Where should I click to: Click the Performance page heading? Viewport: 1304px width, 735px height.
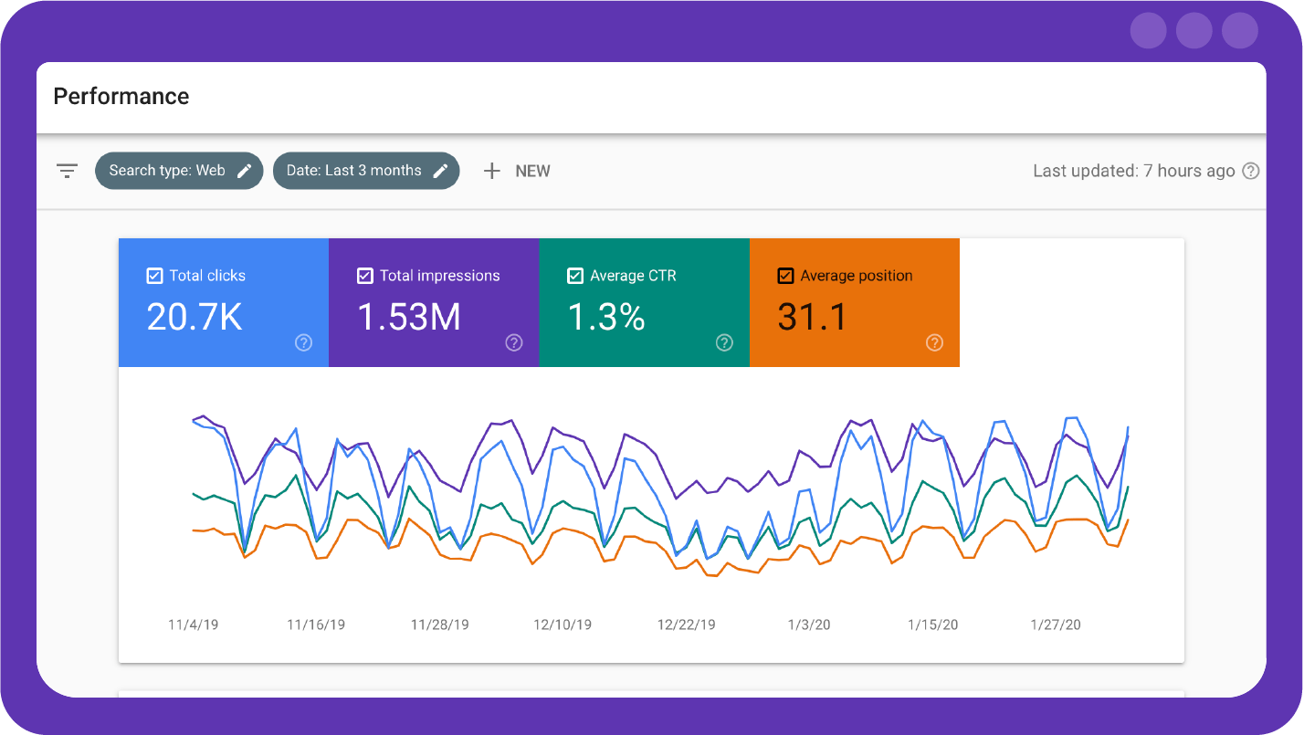[121, 97]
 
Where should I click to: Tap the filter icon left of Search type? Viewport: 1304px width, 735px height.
[67, 171]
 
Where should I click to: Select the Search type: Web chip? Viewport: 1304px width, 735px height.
[179, 171]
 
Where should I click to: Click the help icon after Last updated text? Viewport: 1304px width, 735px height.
[1251, 171]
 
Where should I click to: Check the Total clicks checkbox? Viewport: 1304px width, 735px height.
[155, 276]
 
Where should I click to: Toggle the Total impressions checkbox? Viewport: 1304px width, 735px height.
[365, 276]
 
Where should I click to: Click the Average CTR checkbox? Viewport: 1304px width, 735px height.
[575, 276]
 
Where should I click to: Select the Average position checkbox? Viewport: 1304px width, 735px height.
[785, 276]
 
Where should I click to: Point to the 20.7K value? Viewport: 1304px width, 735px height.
[195, 317]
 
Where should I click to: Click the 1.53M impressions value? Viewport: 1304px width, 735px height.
[408, 317]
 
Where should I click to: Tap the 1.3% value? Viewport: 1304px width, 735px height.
[606, 317]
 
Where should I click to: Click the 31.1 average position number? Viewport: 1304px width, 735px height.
[812, 317]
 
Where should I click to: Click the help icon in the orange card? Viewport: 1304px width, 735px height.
[934, 342]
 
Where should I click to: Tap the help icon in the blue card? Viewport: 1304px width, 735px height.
[304, 342]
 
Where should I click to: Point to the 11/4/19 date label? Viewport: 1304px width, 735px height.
[194, 625]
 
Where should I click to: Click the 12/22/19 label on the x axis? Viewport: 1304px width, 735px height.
[687, 625]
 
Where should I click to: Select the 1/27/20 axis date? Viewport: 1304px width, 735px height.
[1056, 625]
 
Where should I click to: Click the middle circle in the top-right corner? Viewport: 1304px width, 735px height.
[1194, 31]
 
